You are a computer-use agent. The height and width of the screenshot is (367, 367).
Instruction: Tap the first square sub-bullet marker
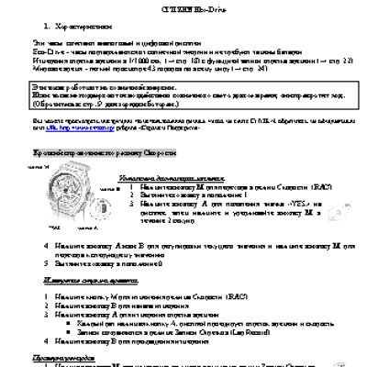(x=82, y=323)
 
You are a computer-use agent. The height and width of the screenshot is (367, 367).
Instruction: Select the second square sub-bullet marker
(x=82, y=333)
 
